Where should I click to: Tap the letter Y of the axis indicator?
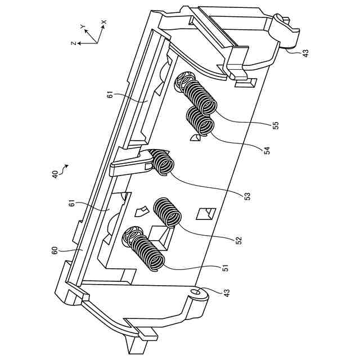(82, 26)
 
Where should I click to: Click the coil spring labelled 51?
(147, 253)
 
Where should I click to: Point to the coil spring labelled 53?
(164, 164)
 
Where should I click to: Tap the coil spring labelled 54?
(200, 120)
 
